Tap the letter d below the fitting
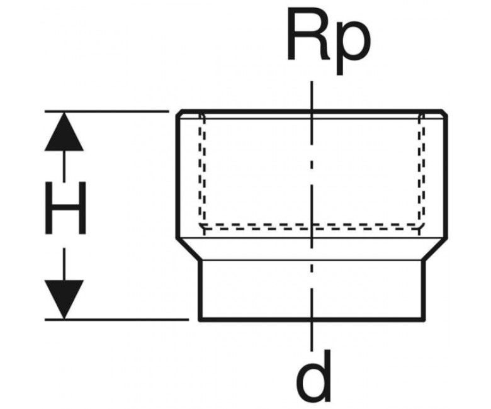click(x=314, y=376)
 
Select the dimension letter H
click(x=65, y=208)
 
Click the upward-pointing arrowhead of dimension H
click(x=64, y=132)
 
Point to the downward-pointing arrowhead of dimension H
click(x=64, y=300)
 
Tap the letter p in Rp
click(x=354, y=50)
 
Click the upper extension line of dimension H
click(x=107, y=111)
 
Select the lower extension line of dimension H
click(x=117, y=320)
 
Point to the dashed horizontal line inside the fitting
click(x=312, y=227)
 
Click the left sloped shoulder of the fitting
click(x=188, y=249)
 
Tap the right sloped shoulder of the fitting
click(x=436, y=249)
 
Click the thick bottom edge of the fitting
click(x=312, y=320)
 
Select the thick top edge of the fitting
click(x=312, y=111)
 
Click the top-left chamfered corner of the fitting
click(x=179, y=113)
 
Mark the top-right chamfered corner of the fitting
click(x=445, y=113)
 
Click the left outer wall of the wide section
click(x=177, y=177)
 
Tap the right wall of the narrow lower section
click(x=424, y=290)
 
